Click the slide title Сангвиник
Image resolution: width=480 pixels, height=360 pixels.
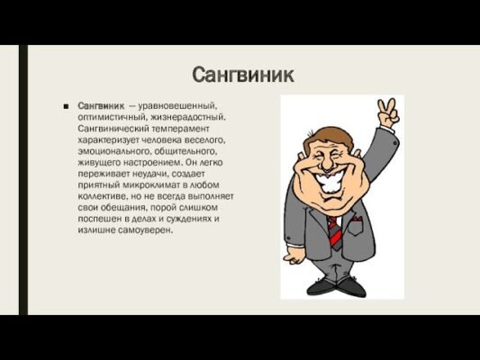point(243,74)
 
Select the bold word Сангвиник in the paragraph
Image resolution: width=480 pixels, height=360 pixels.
point(101,105)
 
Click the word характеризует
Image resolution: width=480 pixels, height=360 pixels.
point(112,140)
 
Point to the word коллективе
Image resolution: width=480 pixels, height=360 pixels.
point(105,196)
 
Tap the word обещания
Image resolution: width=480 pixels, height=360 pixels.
point(117,208)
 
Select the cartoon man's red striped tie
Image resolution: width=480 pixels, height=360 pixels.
point(334,230)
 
